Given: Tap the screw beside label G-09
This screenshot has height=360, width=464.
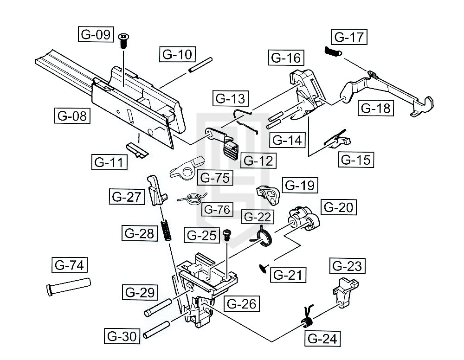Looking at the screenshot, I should point(123,41).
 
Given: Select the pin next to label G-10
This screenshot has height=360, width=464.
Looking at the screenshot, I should point(200,64).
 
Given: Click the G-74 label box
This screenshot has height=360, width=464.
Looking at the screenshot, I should point(69,266).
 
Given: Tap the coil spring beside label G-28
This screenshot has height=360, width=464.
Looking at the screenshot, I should point(166,230).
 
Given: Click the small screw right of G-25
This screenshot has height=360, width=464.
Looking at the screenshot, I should point(227,234).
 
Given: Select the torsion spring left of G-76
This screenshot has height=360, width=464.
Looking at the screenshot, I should point(191,199).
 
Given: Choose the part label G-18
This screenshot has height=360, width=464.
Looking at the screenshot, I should point(376,108).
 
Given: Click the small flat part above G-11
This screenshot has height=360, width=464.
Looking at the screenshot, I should point(137,148).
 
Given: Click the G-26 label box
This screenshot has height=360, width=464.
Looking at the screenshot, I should point(241,304).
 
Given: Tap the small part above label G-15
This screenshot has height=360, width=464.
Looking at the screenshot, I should point(339,139).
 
